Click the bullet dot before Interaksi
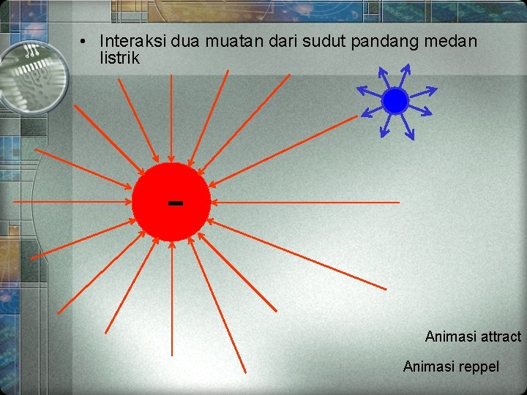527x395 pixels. [86, 42]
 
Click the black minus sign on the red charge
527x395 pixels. [175, 202]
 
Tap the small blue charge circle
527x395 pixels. [395, 101]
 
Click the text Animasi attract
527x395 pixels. [473, 336]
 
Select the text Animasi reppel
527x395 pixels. [451, 366]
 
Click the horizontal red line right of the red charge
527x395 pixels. [307, 202]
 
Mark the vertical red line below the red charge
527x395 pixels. [171, 300]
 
